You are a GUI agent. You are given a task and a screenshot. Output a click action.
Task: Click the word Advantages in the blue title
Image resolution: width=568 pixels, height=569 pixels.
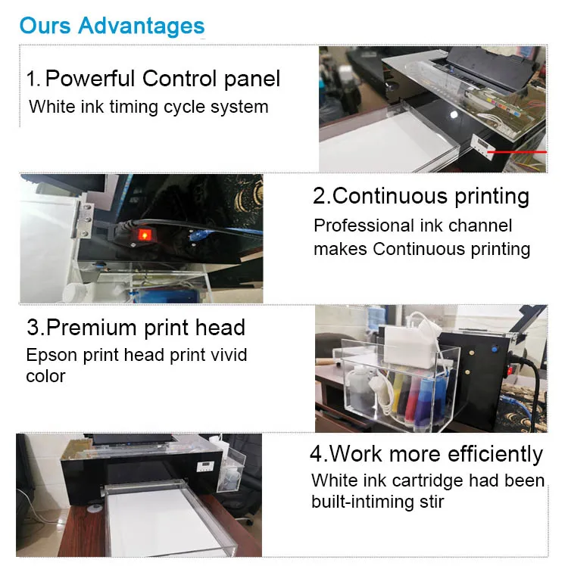coord(142,26)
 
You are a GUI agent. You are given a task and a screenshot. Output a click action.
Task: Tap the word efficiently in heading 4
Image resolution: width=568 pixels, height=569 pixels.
coord(495,453)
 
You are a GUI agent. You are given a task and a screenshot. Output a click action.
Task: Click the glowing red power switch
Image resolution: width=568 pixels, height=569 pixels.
coord(144,235)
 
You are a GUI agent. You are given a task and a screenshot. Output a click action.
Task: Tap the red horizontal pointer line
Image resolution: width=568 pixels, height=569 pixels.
coord(517,152)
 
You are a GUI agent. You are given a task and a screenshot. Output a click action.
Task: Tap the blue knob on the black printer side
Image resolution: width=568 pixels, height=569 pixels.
coord(494,350)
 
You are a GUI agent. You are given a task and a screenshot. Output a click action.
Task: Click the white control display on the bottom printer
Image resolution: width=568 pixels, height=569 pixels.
coord(204,466)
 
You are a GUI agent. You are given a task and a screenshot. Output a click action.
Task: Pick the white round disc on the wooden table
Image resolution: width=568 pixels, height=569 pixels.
coord(95,508)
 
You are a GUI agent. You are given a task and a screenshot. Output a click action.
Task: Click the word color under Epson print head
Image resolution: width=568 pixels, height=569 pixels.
coord(45,376)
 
